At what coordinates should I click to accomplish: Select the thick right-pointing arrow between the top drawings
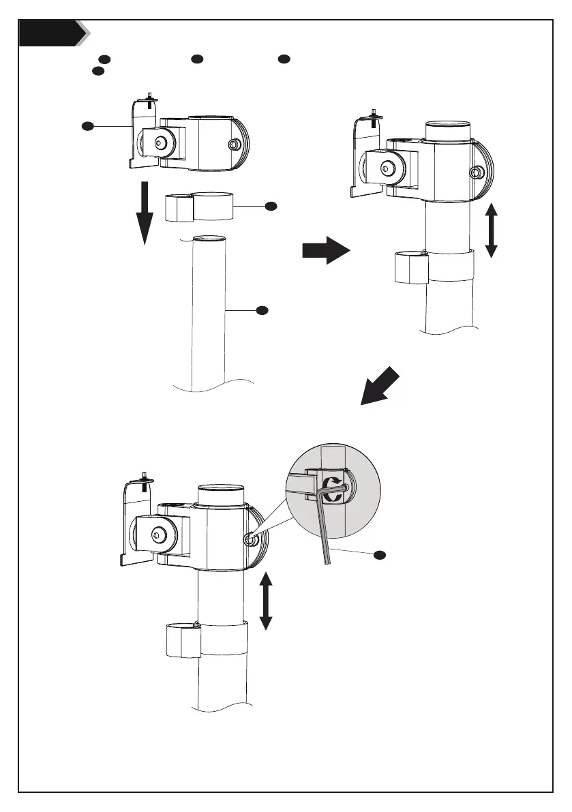click(325, 250)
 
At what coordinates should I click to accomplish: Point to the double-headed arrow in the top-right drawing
click(491, 233)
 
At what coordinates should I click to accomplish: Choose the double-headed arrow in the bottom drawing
click(266, 601)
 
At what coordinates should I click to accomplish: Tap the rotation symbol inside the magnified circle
click(333, 490)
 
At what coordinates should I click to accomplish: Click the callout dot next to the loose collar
click(270, 205)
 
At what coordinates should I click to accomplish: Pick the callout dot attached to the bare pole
click(261, 311)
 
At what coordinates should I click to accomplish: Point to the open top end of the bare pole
click(210, 239)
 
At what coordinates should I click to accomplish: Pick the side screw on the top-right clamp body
click(477, 170)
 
